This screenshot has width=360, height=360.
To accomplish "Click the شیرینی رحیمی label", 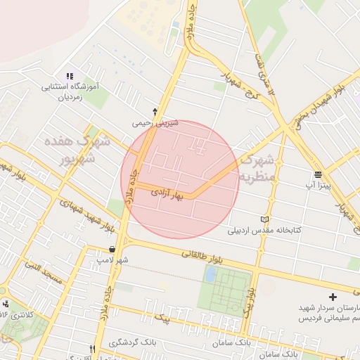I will (155, 122).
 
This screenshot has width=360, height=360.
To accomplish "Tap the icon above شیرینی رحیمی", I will (155, 111).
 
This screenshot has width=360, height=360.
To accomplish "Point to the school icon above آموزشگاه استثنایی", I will (69, 76).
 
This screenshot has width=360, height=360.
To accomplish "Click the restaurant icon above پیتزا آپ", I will (318, 174).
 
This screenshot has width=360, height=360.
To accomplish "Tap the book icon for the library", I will (264, 219).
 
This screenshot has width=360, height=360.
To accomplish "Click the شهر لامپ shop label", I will (113, 260).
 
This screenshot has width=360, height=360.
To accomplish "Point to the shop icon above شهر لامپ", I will (112, 250).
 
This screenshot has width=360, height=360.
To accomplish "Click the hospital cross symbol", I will (333, 297).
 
